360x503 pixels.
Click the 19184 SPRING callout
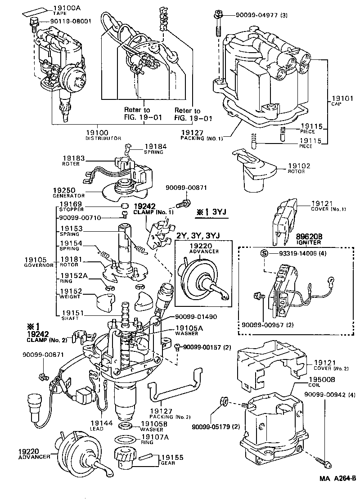click(x=154, y=146)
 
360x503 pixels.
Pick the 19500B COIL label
click(x=324, y=380)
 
